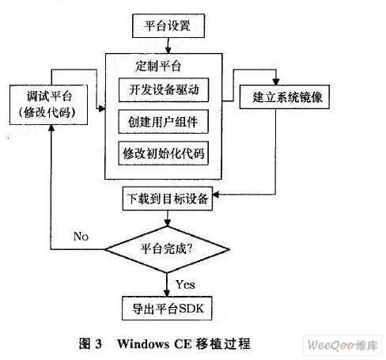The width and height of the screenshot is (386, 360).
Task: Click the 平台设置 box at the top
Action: point(168,26)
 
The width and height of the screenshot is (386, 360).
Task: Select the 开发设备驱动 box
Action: point(164,90)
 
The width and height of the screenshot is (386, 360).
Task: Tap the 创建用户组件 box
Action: point(164,122)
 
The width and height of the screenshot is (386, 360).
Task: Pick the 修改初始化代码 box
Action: point(164,153)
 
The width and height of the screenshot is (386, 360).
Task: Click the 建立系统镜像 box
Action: point(285,97)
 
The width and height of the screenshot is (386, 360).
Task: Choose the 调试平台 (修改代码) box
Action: point(48,104)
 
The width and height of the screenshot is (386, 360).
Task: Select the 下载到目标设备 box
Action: point(168,199)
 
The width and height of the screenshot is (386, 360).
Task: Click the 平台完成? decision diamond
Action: point(167,249)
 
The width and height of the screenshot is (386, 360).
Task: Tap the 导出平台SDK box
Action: point(167,309)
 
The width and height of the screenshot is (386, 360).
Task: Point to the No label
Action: point(81,237)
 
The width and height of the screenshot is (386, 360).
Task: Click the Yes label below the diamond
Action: point(185,285)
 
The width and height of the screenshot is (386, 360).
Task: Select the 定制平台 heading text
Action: point(158,66)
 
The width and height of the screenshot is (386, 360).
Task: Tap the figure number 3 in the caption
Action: point(98,344)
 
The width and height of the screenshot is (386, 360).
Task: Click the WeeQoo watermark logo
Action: point(342,345)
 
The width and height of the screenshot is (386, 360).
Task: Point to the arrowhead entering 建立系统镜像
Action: point(276,81)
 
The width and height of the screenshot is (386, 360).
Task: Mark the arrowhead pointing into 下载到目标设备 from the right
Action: point(216,195)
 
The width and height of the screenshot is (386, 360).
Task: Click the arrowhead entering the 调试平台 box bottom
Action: point(51,128)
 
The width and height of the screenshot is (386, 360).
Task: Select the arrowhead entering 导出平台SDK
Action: point(167,294)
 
